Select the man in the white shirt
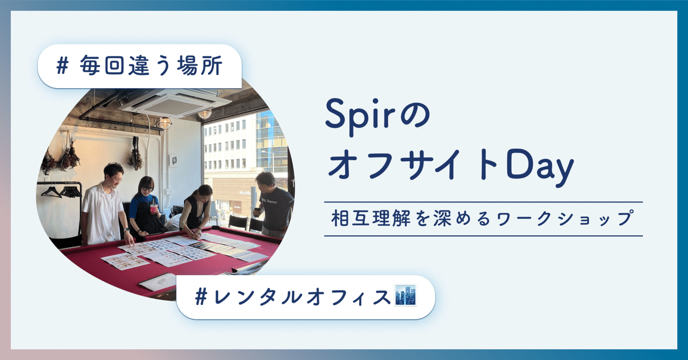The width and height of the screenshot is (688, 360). tap(104, 204)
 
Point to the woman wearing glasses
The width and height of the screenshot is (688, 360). tap(144, 207)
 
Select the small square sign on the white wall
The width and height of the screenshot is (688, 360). tap(173, 160)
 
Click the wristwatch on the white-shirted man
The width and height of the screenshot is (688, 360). tap(125, 229)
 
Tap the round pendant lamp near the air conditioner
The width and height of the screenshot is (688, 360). tap(204, 114)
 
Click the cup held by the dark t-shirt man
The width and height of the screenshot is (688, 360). tap(256, 211)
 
